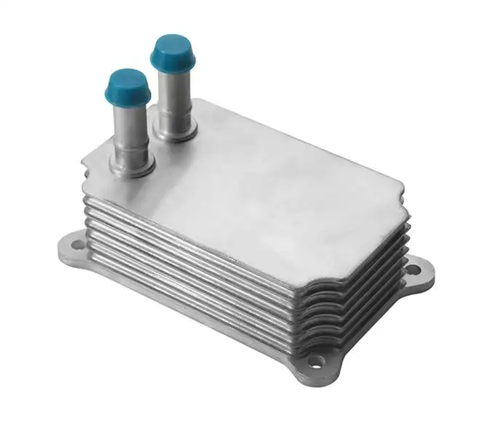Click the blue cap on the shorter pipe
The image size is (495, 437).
(x=127, y=86)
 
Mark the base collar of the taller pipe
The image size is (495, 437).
(x=177, y=132)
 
